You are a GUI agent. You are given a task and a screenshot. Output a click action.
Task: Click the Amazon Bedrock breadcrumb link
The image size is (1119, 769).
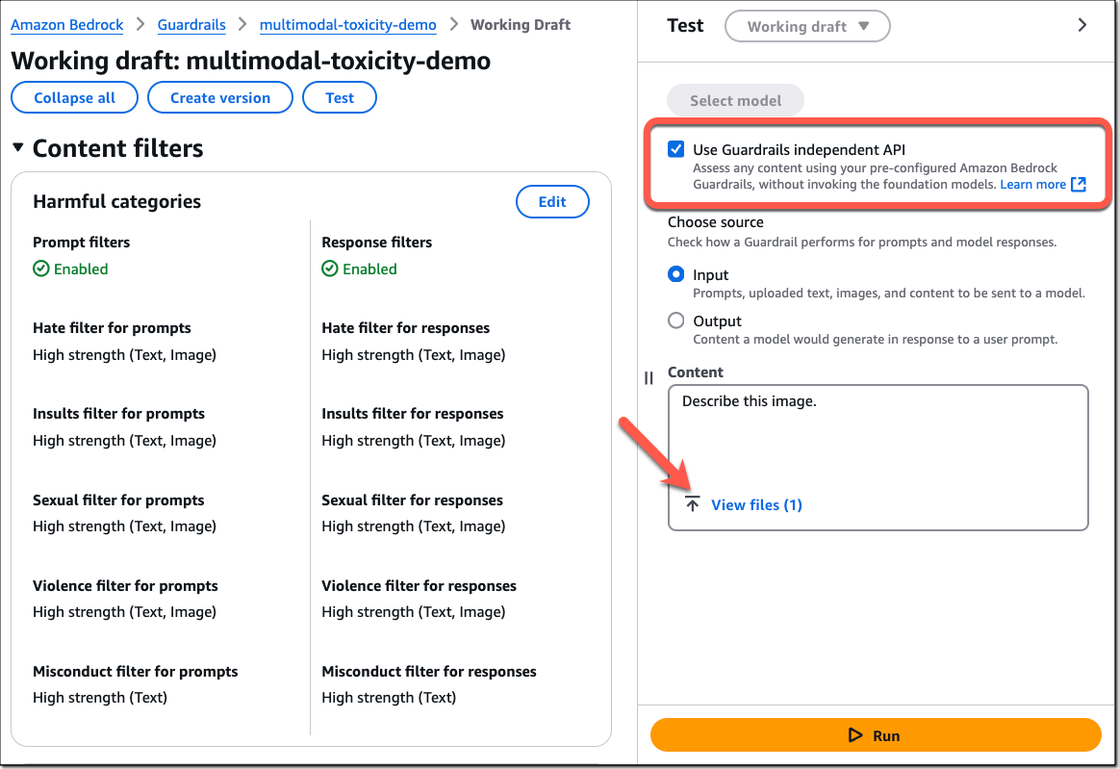pos(66,25)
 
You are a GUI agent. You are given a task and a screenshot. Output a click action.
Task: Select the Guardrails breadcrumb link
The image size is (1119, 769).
pos(191,25)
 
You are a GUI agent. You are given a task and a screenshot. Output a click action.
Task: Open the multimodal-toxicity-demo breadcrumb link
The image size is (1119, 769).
pos(347,25)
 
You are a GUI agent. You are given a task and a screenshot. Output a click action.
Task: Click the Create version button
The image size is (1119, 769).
pos(219,98)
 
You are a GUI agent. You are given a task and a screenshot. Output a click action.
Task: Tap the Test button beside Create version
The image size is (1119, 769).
pos(340,98)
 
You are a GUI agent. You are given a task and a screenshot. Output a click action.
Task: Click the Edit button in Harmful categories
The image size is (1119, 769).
pos(552,202)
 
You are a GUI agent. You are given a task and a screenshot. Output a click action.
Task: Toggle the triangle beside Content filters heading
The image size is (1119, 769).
pos(18,148)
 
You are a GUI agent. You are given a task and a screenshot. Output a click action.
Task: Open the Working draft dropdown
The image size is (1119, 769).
pos(807,26)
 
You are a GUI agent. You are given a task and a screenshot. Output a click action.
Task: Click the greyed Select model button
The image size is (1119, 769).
pos(735,101)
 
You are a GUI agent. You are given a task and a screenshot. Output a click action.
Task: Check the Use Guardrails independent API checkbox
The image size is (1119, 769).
pos(675,149)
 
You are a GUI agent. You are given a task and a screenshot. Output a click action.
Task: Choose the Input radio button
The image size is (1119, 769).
pos(675,275)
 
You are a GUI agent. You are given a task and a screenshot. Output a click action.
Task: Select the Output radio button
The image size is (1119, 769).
pos(675,320)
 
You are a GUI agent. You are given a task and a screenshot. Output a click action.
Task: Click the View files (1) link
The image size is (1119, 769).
pos(756,505)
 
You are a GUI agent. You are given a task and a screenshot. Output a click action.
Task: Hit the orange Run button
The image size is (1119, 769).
pos(876,734)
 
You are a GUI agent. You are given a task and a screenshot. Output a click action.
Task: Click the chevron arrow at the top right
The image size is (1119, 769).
pos(1081,25)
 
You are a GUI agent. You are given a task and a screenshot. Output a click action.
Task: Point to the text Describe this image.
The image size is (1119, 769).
pos(749,401)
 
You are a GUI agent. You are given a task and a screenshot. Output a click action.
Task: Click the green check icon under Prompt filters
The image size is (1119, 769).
pos(41,269)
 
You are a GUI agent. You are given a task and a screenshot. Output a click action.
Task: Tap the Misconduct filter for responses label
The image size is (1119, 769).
pos(428,671)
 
